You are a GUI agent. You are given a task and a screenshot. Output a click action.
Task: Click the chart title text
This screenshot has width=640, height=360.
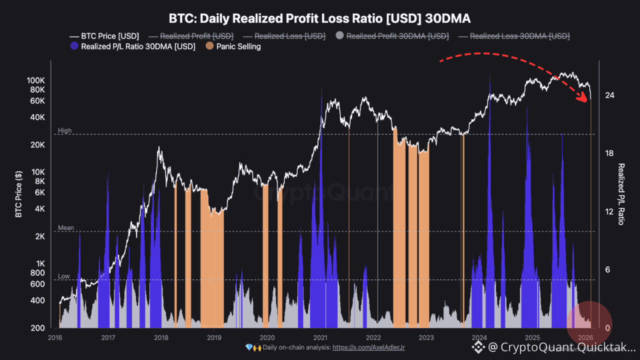pyautogui.click(x=320, y=18)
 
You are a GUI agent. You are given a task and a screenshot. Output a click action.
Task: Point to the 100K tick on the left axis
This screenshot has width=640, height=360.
pyautogui.click(x=36, y=80)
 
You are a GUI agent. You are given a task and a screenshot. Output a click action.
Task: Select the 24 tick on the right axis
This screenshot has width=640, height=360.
pyautogui.click(x=609, y=95)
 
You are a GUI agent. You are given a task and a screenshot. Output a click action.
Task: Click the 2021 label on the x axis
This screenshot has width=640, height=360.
pyautogui.click(x=320, y=337)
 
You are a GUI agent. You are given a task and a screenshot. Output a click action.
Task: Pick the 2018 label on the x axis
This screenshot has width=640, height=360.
pyautogui.click(x=161, y=337)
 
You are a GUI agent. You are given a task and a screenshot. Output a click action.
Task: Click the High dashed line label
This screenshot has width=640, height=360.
pyautogui.click(x=65, y=130)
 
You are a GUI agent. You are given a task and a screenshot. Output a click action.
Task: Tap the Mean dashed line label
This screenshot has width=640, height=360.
pyautogui.click(x=66, y=228)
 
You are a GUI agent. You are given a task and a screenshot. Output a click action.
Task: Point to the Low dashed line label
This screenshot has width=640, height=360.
pyautogui.click(x=64, y=276)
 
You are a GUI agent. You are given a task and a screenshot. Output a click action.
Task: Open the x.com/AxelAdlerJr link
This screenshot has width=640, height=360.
pyautogui.click(x=368, y=347)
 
